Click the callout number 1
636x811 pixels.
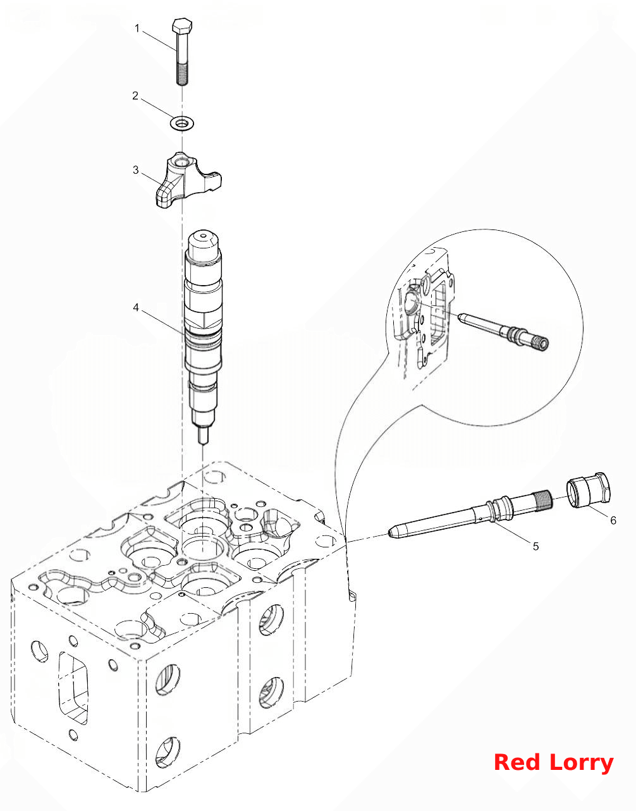pos(137,28)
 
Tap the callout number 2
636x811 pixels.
pos(135,96)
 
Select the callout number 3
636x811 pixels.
pos(136,170)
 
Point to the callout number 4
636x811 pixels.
pos(136,308)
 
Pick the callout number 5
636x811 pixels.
pos(535,546)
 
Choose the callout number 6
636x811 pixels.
pos(613,520)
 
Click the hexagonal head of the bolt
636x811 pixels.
pos(183,25)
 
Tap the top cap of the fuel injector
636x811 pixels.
pos(204,246)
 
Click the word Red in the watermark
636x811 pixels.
pos(517,763)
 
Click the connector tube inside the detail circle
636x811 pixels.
pos(503,329)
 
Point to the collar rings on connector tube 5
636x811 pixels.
pos(500,508)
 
